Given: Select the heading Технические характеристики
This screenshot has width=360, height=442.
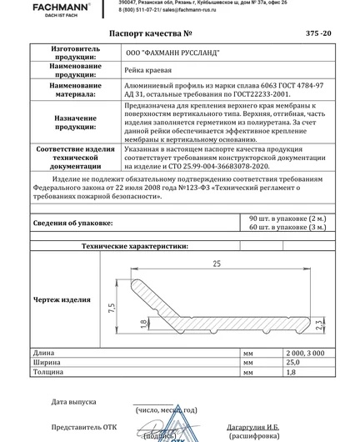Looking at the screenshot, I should [x=141, y=247].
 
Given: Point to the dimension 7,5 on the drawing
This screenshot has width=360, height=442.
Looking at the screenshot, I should [x=112, y=309].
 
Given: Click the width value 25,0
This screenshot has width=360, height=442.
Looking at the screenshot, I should [x=292, y=364].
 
